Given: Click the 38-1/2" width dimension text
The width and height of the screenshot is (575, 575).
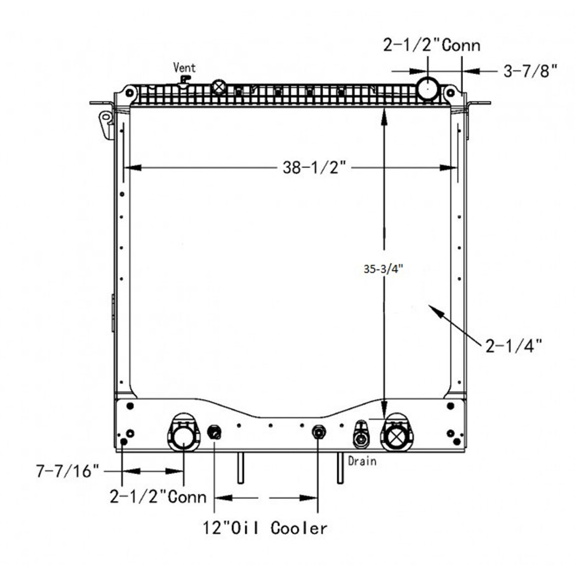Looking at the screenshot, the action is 314,167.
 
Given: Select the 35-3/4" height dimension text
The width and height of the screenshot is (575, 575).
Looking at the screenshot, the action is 383,269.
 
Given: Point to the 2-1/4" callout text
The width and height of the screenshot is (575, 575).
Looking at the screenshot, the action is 513,346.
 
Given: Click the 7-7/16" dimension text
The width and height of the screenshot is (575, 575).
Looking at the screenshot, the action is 67,471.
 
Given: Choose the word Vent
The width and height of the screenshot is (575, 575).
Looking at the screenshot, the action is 185,68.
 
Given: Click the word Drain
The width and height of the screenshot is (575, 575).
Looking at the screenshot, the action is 362,462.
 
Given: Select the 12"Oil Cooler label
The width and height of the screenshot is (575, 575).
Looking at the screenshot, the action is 265,528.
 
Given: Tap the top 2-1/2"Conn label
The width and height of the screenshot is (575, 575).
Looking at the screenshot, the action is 431,46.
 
